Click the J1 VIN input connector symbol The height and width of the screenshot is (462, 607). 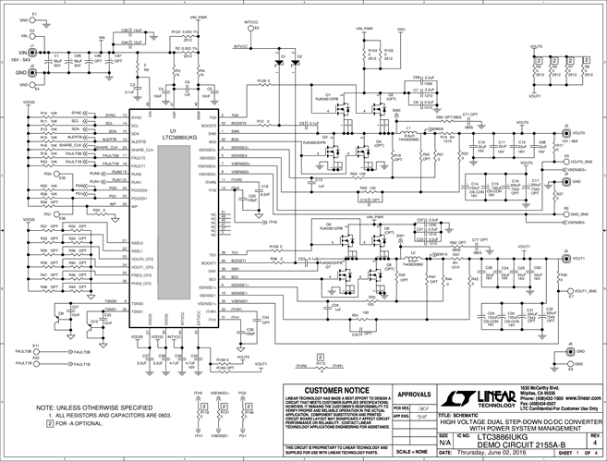tap(33, 55)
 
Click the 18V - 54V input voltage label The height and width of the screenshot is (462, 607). tap(23, 58)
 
